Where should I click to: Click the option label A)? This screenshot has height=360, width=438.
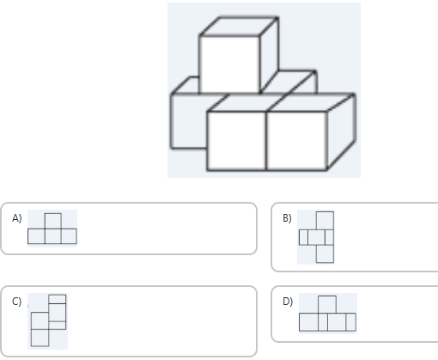click(x=16, y=218)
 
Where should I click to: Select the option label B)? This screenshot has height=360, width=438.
click(x=287, y=218)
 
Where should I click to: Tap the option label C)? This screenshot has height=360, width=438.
click(x=16, y=302)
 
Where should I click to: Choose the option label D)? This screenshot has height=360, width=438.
click(x=288, y=302)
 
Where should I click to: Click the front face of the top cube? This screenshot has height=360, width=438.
click(x=229, y=64)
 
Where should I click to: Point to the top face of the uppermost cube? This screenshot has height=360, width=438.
click(x=239, y=27)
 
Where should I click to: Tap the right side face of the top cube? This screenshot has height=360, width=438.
click(x=269, y=55)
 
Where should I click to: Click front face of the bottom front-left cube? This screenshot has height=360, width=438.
click(x=236, y=141)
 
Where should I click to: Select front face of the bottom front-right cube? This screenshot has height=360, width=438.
click(x=297, y=141)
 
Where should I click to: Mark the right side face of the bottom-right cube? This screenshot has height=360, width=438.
click(x=341, y=131)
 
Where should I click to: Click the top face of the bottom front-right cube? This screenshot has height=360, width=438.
click(x=312, y=102)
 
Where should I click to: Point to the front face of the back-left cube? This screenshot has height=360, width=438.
click(x=189, y=121)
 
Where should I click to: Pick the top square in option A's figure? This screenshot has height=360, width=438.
click(x=53, y=221)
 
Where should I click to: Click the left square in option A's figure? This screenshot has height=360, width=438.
click(x=36, y=236)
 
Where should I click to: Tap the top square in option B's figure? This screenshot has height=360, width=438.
click(x=325, y=221)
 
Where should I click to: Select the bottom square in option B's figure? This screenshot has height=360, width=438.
click(x=325, y=253)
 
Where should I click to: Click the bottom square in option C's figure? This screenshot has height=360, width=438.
click(x=40, y=338)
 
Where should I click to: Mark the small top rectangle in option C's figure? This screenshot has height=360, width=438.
click(x=58, y=299)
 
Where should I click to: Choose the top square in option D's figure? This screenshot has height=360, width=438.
click(x=327, y=305)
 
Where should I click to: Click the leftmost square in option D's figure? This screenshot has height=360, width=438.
click(x=308, y=322)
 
